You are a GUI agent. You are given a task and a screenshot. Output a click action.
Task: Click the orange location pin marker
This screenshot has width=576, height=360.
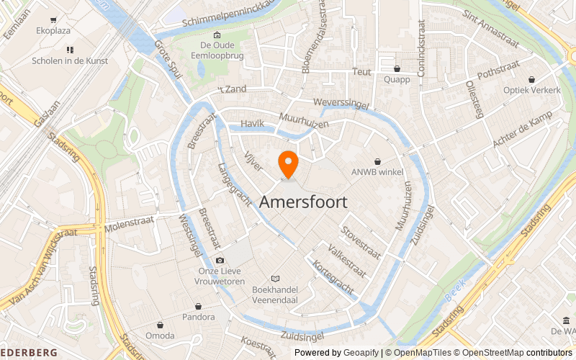coord(288,165)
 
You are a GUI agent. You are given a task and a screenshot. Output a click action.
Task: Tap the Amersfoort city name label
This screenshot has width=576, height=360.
coord(303,202)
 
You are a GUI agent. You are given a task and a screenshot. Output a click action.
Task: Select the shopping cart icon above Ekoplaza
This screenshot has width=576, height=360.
coord(54,20)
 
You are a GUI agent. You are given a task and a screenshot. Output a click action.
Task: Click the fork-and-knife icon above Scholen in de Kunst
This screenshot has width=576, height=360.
coord(70,49)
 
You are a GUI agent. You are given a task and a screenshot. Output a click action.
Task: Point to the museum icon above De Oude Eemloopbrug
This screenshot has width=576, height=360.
coord(217,35)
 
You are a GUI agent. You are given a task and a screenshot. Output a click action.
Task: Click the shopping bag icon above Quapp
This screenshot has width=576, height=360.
coord(396,69)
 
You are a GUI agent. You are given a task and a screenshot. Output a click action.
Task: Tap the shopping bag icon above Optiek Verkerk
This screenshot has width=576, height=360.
coord(531,79)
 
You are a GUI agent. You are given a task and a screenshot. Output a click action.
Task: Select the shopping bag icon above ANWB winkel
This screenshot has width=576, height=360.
coord(377,162)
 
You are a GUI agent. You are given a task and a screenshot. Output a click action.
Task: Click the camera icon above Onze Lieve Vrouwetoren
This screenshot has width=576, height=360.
coord(220,260)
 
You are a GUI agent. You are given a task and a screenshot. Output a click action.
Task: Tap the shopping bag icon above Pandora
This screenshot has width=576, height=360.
coord(198,305)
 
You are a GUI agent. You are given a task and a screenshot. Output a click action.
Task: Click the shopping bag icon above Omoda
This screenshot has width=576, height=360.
coord(159,325)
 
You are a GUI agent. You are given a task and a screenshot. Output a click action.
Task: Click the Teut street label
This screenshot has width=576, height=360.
coord(361,72)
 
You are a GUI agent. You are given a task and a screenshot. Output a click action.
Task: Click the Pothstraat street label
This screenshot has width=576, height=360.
coord(494,72)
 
